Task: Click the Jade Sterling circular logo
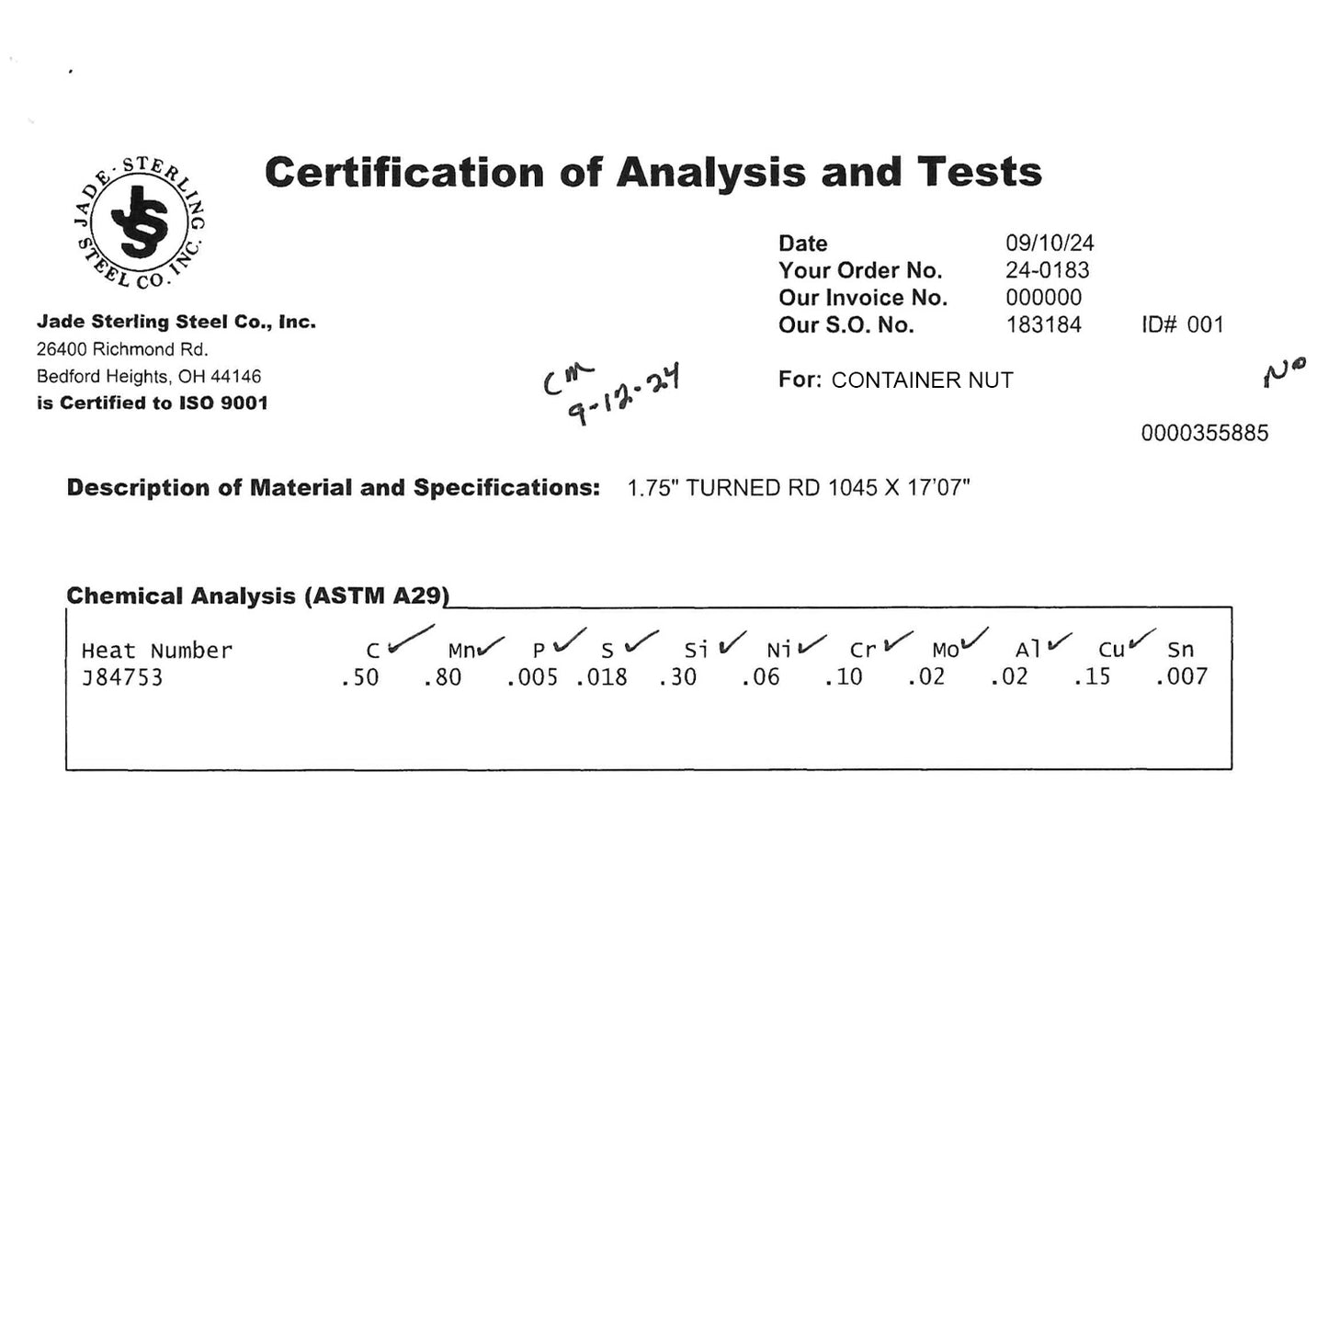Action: tap(139, 221)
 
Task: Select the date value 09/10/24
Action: tap(1050, 243)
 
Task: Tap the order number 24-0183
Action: tap(1047, 270)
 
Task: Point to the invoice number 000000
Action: tap(1043, 298)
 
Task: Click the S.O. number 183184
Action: tap(1043, 324)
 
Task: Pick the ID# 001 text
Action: tap(1182, 324)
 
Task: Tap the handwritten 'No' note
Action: tap(1284, 372)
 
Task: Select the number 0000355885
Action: tap(1204, 433)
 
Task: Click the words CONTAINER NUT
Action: tap(922, 380)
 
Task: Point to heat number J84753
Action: tap(122, 678)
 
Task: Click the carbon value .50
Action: tap(359, 678)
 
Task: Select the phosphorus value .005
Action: tap(532, 678)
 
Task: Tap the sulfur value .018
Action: tap(602, 678)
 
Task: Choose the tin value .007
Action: tap(1182, 678)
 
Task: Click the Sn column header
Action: tap(1180, 651)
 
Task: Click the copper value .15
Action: tap(1092, 678)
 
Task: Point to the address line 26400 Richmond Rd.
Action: tap(122, 349)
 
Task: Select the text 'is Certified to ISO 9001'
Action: tap(152, 403)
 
